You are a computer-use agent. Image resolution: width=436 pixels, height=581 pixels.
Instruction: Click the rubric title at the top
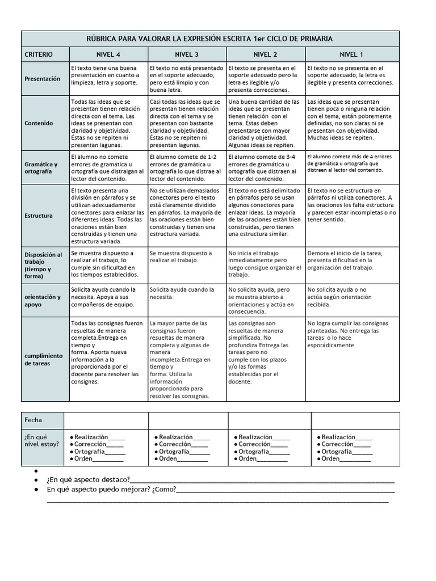209,39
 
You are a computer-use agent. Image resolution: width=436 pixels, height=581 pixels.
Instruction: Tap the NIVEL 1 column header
352,54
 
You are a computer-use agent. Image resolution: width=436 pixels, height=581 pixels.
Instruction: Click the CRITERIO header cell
39,54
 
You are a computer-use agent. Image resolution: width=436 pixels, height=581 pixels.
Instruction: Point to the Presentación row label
42,79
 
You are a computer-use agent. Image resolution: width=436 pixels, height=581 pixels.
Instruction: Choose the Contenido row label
39,123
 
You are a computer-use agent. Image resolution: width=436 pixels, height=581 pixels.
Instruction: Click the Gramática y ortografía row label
41,167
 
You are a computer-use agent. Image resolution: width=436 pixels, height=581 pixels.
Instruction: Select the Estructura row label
39,216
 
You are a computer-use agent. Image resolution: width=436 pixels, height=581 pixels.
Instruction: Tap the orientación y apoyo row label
42,300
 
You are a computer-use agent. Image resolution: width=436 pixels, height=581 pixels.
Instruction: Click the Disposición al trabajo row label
43,265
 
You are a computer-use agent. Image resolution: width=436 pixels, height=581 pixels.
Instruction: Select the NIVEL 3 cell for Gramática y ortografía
187,167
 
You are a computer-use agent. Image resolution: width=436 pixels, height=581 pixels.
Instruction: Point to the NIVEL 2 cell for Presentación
265,79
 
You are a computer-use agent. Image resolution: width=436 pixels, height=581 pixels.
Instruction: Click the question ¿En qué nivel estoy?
41,440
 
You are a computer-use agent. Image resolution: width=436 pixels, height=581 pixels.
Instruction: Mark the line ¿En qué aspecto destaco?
88,480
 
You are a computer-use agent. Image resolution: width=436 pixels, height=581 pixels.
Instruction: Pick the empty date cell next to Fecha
106,420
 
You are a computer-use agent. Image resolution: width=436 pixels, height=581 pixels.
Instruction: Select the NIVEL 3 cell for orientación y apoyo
187,293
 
